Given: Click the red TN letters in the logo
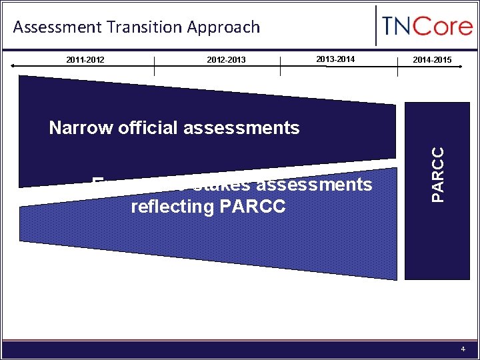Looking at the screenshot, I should coord(399,28).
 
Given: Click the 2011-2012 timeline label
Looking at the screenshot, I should coord(85,60).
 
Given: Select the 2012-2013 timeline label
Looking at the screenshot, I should coord(226,60).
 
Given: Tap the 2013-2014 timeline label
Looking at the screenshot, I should coord(335,59).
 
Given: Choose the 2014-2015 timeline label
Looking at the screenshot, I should coord(432,60).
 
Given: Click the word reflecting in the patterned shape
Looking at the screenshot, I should coord(170,207).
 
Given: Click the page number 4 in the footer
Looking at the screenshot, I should coord(463,349).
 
